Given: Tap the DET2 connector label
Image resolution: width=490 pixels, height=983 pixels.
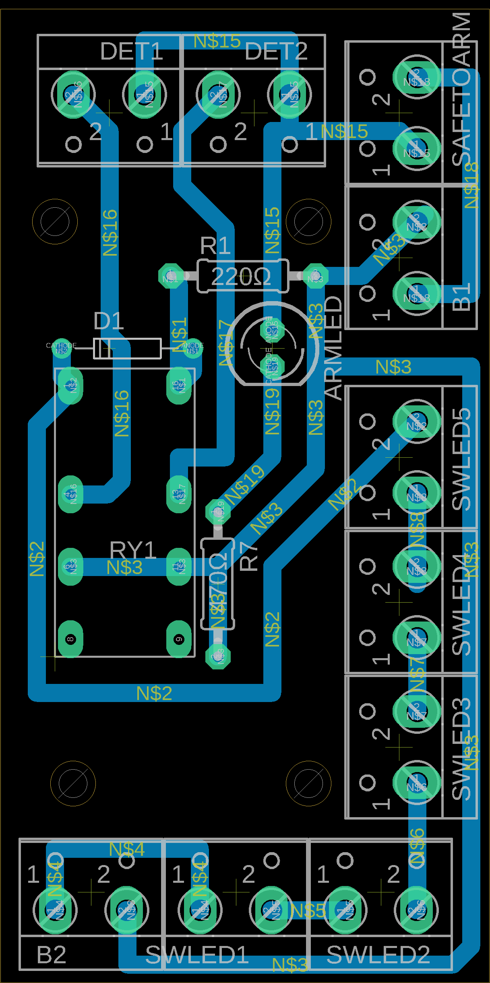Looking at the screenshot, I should point(276,52).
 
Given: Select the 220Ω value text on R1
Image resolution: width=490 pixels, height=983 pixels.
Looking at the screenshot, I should point(241,277).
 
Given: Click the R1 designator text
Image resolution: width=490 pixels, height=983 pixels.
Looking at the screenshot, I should point(215,246).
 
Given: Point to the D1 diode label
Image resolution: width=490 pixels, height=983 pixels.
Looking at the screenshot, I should point(108,321).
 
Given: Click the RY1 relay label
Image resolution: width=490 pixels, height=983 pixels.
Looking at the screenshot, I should point(132,549).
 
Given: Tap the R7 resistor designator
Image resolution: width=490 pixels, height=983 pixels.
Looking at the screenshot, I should point(248,557).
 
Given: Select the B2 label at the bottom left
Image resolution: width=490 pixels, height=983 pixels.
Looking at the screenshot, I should point(51,955).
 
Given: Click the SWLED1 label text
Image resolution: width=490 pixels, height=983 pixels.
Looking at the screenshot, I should point(197,955).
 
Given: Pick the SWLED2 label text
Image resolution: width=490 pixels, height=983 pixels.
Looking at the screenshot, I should point(378,955).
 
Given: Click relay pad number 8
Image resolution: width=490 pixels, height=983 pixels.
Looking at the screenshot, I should point(70,639).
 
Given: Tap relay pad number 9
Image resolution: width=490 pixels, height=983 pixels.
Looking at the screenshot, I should point(179,639).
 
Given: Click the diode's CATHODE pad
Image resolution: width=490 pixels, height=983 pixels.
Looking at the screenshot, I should point(61,349).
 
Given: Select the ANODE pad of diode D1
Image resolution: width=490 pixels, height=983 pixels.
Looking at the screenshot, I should point(193,349).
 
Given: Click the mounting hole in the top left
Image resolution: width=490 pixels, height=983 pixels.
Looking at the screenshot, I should point(55,221).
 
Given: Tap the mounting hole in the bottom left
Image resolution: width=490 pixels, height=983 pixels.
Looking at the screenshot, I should point(73,783).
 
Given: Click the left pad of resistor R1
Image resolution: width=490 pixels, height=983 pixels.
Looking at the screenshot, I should point(170,276).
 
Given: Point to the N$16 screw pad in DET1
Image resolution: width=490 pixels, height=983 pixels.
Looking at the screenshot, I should point(73,95).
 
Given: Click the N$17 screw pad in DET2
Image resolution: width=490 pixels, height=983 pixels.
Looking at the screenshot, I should point(218,95).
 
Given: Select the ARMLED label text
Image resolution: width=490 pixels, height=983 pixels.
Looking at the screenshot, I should point(333,348).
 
